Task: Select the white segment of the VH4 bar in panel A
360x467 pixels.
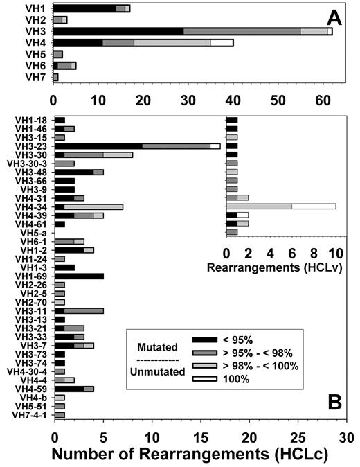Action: coord(222,43)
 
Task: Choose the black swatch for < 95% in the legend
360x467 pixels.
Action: coord(208,340)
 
